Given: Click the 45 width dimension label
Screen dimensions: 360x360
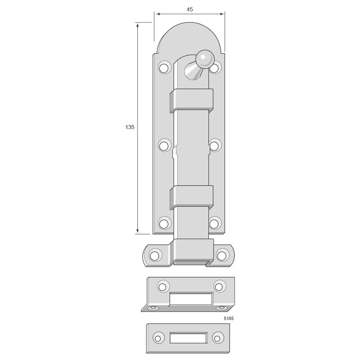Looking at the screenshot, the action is (189, 9).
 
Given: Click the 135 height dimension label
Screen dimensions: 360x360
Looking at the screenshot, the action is (130, 127).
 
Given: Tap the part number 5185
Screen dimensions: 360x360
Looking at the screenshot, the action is (229, 319).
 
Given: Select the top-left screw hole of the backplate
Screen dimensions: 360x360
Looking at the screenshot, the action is (164, 67).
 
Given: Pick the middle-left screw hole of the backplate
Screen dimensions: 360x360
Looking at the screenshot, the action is (164, 145).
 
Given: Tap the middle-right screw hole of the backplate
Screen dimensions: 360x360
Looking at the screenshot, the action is (215, 145).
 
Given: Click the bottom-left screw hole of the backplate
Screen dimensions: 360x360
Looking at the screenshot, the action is (164, 223).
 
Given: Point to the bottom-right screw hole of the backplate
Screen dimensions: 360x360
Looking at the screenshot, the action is (215, 223).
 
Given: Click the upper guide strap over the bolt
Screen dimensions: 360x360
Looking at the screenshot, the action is (192, 101).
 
